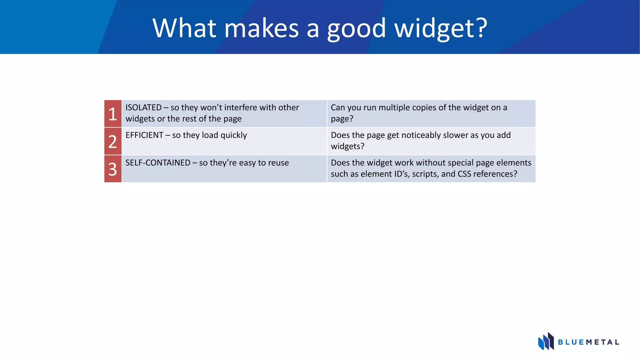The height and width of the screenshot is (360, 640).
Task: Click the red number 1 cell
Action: (113, 114)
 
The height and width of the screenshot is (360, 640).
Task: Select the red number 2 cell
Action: (113, 141)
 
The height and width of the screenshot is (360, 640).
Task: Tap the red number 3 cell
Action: (113, 169)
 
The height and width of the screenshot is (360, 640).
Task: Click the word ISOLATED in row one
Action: (143, 107)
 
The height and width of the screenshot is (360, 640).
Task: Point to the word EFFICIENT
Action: (144, 135)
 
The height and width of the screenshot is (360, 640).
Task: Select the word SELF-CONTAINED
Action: (158, 163)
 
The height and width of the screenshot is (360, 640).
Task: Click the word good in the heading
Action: (356, 29)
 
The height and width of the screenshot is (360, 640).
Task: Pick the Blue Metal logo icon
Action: (546, 341)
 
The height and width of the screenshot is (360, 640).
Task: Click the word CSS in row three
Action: (464, 174)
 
